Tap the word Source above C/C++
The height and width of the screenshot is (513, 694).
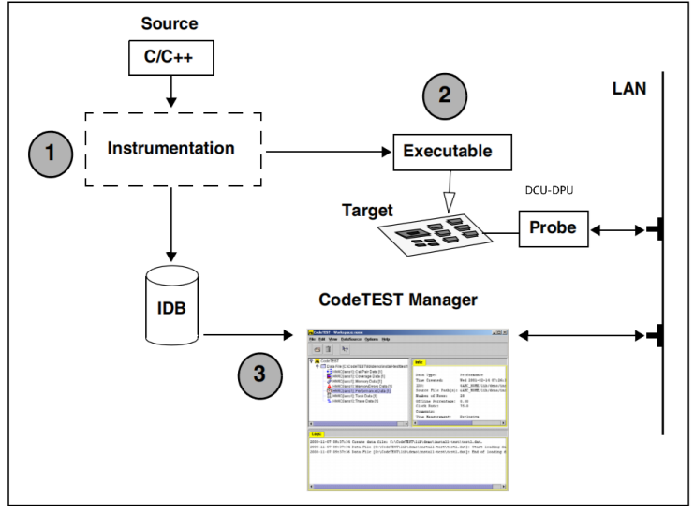[x=169, y=22]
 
